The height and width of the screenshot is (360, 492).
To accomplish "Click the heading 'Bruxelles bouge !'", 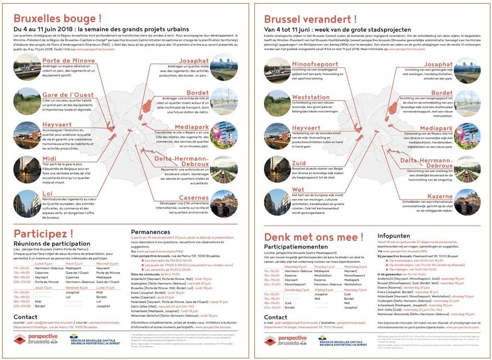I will (x=57, y=19).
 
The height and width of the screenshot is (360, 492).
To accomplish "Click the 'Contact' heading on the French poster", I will (x=26, y=317).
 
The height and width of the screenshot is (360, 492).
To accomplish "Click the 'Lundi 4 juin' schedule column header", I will (x=44, y=264).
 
